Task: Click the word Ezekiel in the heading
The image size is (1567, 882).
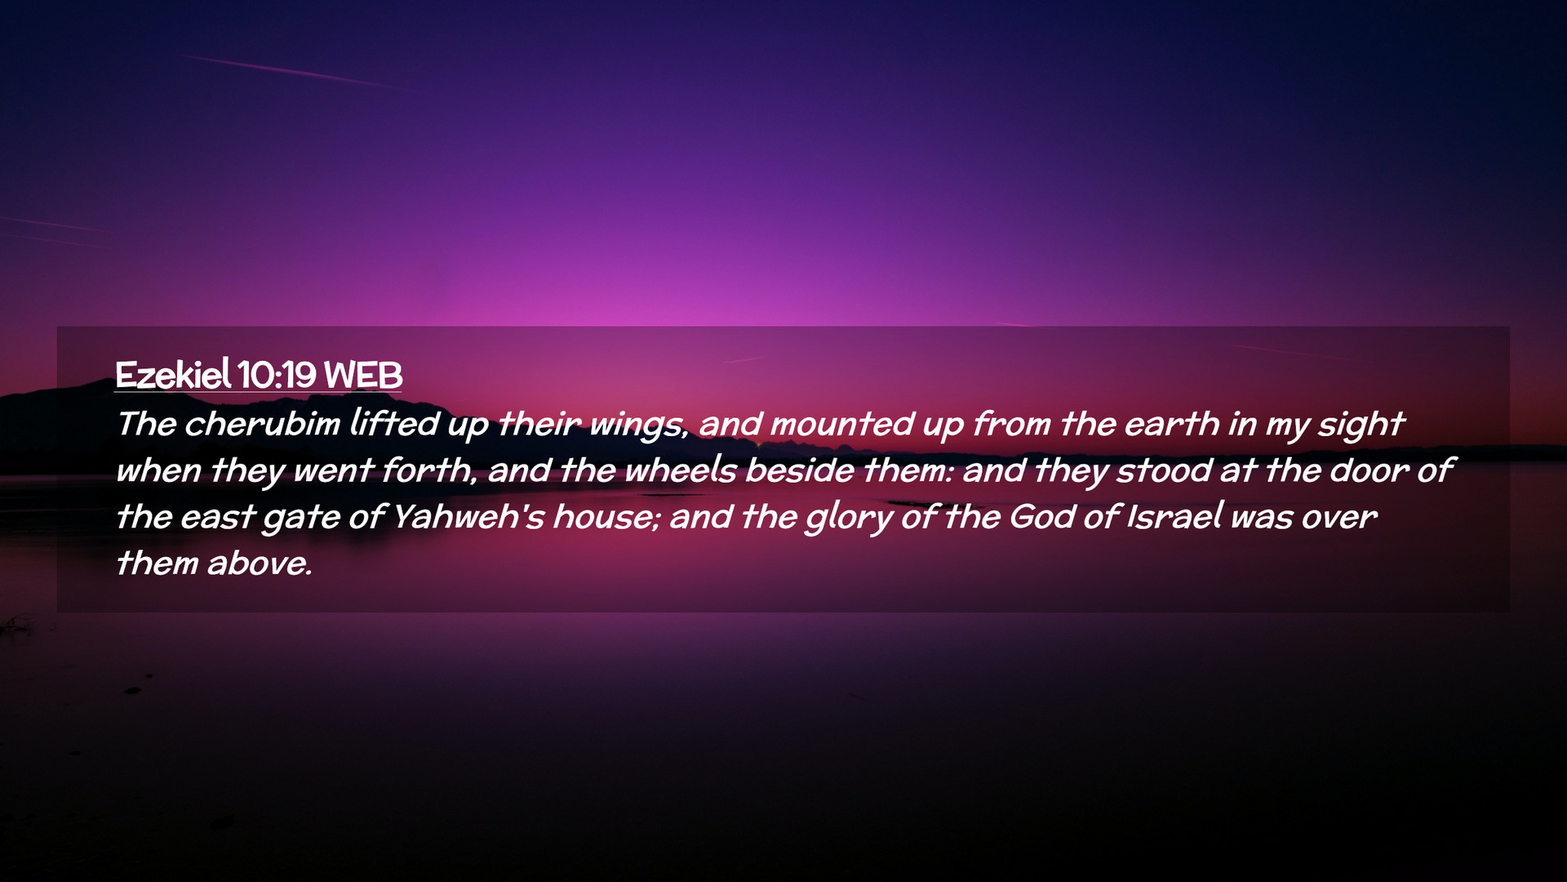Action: [x=173, y=375]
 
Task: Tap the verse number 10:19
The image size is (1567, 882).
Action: [x=277, y=376]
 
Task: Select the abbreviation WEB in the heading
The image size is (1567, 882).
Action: [x=363, y=376]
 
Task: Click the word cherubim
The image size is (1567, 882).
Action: [x=262, y=423]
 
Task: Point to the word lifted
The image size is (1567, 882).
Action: [x=395, y=423]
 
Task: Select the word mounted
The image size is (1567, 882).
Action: [x=841, y=423]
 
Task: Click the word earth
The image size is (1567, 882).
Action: [x=1171, y=423]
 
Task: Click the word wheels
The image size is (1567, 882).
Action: [x=681, y=470]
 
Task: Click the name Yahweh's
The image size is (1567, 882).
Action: [x=468, y=516]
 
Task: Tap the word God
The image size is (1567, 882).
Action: [x=1042, y=516]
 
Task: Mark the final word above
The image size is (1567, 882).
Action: [x=260, y=563]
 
